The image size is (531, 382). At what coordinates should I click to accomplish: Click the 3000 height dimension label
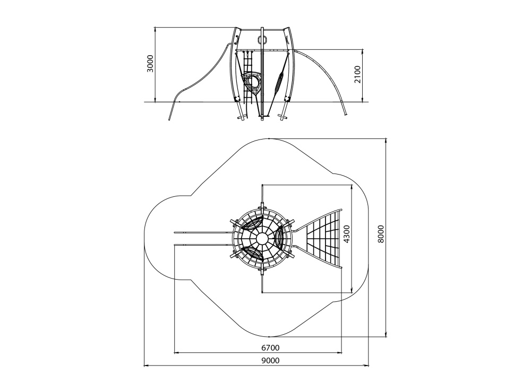click(x=150, y=63)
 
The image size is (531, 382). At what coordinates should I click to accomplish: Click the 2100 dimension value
click(x=357, y=74)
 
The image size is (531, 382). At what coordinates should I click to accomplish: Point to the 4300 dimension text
click(x=346, y=235)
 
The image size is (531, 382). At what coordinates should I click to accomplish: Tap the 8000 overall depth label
click(x=381, y=234)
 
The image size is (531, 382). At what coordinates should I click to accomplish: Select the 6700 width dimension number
click(x=270, y=348)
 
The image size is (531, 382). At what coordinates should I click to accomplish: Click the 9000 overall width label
click(x=270, y=360)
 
